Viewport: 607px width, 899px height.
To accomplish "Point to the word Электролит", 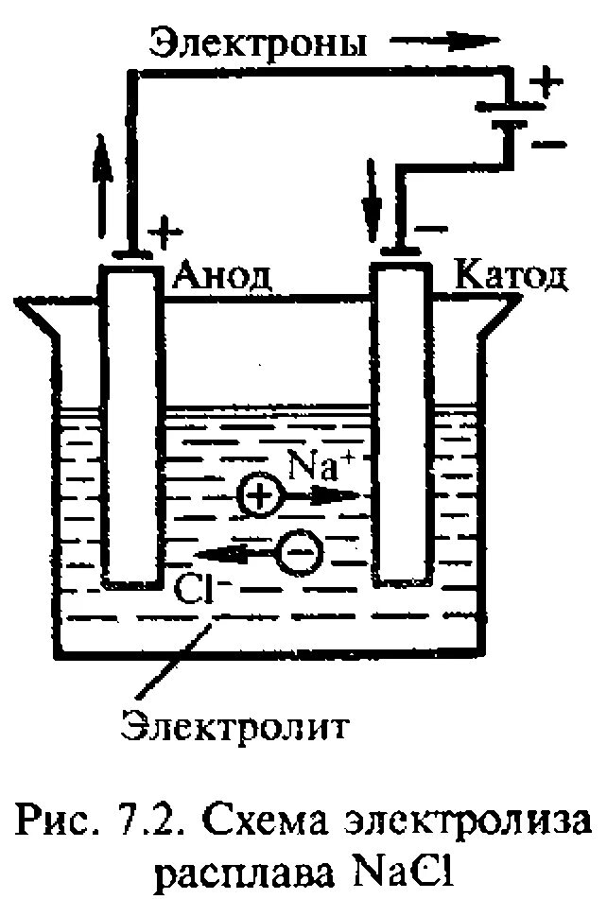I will click(x=235, y=727).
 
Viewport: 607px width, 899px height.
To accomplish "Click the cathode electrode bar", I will click(x=402, y=425).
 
